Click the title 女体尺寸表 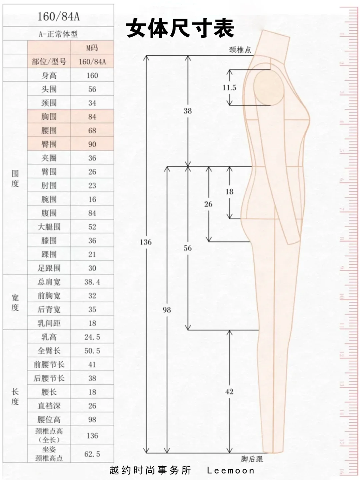(x=180, y=28)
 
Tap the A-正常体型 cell (x=58, y=34)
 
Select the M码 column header (x=92, y=48)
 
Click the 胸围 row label (x=49, y=117)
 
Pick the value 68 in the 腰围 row (x=92, y=130)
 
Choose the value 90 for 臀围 (x=92, y=144)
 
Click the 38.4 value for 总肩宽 (x=92, y=282)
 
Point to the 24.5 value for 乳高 (x=92, y=337)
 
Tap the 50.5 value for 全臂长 (x=92, y=351)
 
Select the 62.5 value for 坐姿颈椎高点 (x=92, y=454)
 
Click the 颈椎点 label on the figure (x=240, y=50)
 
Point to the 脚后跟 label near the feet (x=252, y=459)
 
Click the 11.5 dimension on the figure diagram (x=229, y=88)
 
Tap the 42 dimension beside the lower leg (x=229, y=391)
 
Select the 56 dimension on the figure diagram (x=188, y=248)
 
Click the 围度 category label (x=15, y=179)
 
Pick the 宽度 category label (x=15, y=302)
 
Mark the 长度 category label (x=15, y=396)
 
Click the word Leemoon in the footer (x=231, y=470)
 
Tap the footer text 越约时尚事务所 (x=150, y=470)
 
